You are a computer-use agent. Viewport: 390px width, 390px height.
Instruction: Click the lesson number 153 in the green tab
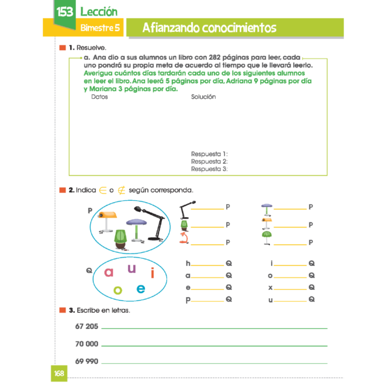click(64, 12)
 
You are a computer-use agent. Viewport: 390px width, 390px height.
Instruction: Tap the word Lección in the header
click(99, 12)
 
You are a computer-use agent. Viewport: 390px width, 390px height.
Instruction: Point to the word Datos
click(99, 97)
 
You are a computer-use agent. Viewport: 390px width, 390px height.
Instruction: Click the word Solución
click(203, 97)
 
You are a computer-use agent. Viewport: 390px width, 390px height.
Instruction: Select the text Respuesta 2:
click(209, 161)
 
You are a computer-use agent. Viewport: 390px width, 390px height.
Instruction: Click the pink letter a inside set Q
click(109, 272)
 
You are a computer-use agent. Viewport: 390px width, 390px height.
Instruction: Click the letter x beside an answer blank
click(270, 287)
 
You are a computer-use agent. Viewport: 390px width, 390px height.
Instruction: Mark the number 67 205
click(86, 326)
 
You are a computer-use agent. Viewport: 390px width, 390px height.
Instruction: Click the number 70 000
click(86, 344)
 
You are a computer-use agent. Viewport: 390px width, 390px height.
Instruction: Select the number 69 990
click(86, 361)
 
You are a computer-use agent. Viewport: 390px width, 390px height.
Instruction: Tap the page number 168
click(60, 374)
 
